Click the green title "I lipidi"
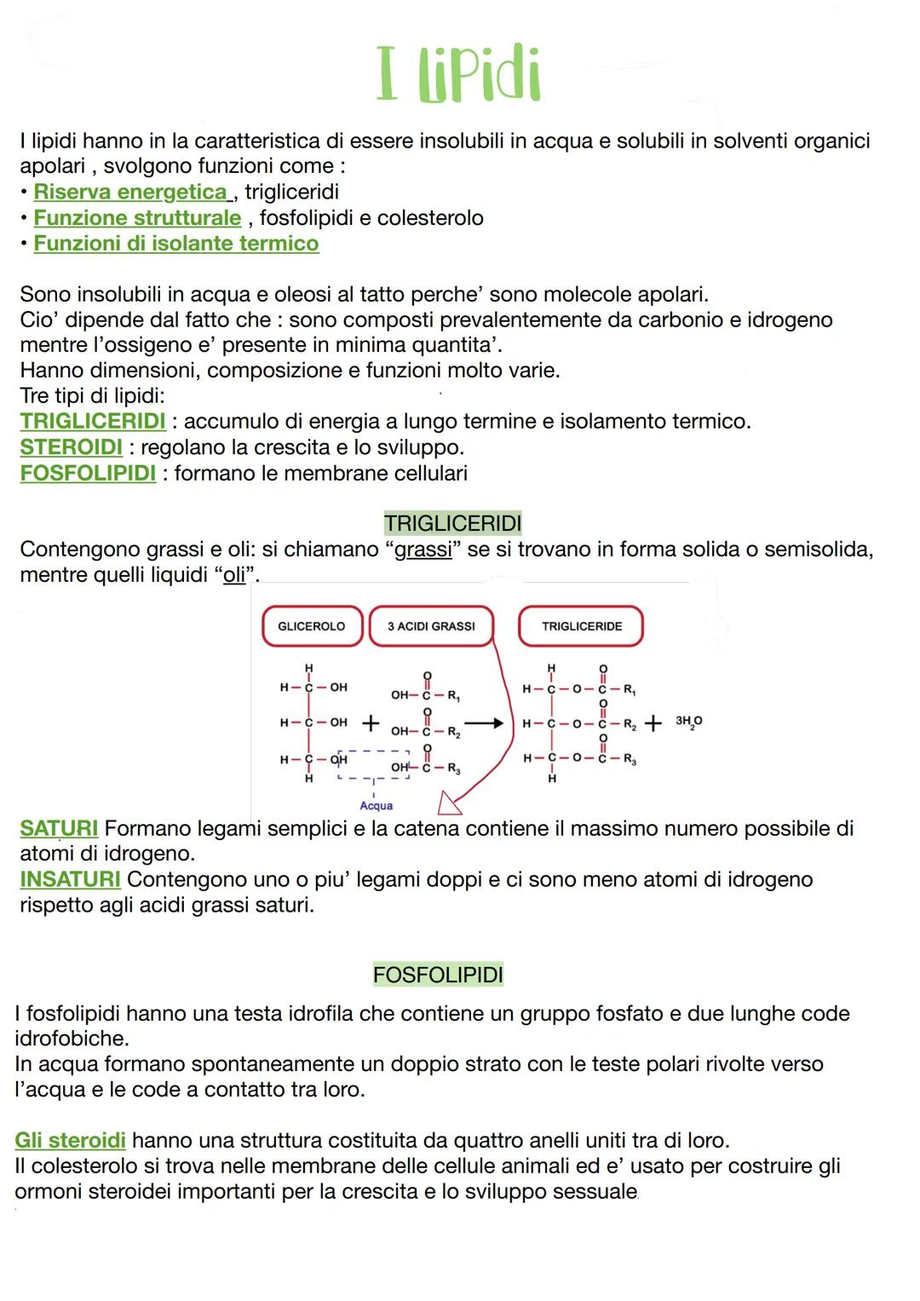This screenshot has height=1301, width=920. tap(458, 75)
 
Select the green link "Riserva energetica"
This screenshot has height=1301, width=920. tap(131, 192)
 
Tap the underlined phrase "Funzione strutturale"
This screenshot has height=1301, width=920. tap(137, 218)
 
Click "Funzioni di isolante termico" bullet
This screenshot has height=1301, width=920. tap(175, 244)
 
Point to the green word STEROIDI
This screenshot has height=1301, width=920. tap(71, 447)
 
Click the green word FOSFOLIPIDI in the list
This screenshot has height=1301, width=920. tap(88, 473)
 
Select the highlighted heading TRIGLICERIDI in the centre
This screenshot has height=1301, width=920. tap(452, 523)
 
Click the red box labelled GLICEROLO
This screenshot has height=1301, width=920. tap(312, 626)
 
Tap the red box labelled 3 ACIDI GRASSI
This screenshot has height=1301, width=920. tap(431, 626)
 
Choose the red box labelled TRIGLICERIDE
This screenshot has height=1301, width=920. tap(581, 626)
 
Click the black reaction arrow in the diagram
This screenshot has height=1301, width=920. tap(485, 723)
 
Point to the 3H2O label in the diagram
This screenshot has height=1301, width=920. tap(688, 722)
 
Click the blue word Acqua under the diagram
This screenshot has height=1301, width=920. tap(376, 806)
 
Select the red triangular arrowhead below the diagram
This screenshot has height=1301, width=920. tap(447, 803)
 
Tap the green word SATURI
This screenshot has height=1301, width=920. tap(59, 828)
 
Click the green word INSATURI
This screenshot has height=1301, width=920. tap(70, 879)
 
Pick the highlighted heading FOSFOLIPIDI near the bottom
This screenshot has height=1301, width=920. tap(438, 975)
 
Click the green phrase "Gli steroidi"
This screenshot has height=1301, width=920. tap(70, 1140)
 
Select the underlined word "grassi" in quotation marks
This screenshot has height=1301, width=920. tap(423, 550)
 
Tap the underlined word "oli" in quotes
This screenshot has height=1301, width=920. tap(234, 575)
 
